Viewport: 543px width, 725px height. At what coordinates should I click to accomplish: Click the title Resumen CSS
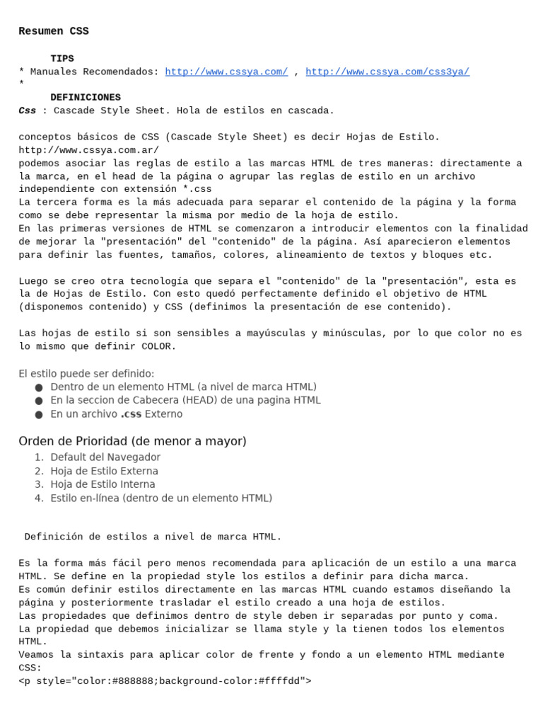pyautogui.click(x=54, y=31)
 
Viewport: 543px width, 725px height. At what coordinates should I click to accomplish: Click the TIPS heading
pyautogui.click(x=62, y=59)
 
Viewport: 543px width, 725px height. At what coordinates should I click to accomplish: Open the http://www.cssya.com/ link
pyautogui.click(x=226, y=72)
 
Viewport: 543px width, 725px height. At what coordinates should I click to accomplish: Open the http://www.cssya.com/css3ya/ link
pyautogui.click(x=387, y=72)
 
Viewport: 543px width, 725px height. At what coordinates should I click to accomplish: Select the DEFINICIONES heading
pyautogui.click(x=86, y=98)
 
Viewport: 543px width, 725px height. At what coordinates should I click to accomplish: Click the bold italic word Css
pyautogui.click(x=27, y=111)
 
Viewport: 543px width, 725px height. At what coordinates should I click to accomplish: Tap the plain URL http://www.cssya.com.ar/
pyautogui.click(x=89, y=150)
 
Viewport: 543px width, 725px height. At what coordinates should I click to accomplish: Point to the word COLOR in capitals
pyautogui.click(x=159, y=346)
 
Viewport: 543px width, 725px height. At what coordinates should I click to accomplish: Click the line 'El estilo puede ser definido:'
pyautogui.click(x=86, y=373)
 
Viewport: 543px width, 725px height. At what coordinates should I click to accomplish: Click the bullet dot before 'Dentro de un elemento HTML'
pyautogui.click(x=38, y=387)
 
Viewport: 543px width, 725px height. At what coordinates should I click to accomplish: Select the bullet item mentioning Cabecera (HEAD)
pyautogui.click(x=185, y=400)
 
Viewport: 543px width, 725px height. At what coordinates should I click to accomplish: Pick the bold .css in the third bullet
pyautogui.click(x=131, y=414)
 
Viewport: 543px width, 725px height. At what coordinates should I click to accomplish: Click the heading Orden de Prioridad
pyautogui.click(x=132, y=441)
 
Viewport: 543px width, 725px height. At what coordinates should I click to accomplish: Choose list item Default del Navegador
pyautogui.click(x=105, y=457)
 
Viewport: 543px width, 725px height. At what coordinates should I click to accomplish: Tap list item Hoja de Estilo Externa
pyautogui.click(x=104, y=471)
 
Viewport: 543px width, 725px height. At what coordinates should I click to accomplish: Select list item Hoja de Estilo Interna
pyautogui.click(x=103, y=484)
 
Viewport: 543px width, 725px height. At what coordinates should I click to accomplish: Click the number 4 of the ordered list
pyautogui.click(x=38, y=498)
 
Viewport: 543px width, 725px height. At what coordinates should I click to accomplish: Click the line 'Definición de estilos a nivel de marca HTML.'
pyautogui.click(x=153, y=537)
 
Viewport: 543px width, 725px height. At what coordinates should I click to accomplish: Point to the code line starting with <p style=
pyautogui.click(x=165, y=681)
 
